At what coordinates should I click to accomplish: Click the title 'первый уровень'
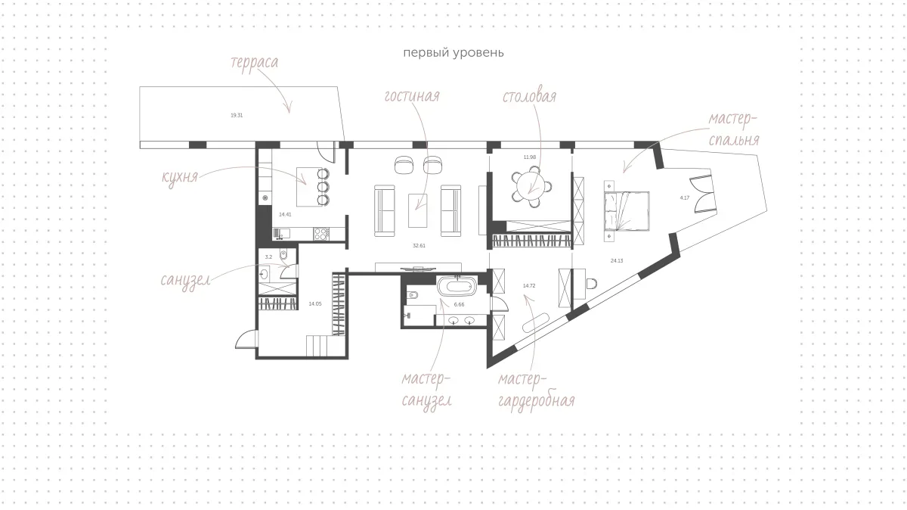pyautogui.click(x=453, y=53)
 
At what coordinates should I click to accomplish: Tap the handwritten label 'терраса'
pyautogui.click(x=254, y=63)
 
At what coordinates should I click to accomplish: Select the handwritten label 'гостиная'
pyautogui.click(x=412, y=96)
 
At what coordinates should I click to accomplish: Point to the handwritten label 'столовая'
pyautogui.click(x=529, y=97)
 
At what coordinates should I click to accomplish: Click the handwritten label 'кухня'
pyautogui.click(x=179, y=177)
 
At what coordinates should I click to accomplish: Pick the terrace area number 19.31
pyautogui.click(x=237, y=116)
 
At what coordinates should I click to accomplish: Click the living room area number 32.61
pyautogui.click(x=419, y=246)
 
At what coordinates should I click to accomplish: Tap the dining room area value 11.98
pyautogui.click(x=530, y=157)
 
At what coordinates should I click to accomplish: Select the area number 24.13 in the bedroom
pyautogui.click(x=617, y=261)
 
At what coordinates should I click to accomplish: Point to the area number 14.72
pyautogui.click(x=529, y=286)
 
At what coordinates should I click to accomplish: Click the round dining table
pyautogui.click(x=531, y=188)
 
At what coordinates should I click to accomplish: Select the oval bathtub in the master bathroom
pyautogui.click(x=456, y=286)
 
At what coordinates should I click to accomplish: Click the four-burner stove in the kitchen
pyautogui.click(x=321, y=234)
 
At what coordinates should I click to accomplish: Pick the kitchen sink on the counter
pyautogui.click(x=282, y=234)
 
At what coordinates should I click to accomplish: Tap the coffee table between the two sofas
pyautogui.click(x=417, y=210)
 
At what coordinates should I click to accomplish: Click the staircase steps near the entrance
pyautogui.click(x=320, y=346)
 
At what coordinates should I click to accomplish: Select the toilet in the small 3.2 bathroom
pyautogui.click(x=283, y=253)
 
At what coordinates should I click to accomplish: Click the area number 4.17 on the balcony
pyautogui.click(x=684, y=197)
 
